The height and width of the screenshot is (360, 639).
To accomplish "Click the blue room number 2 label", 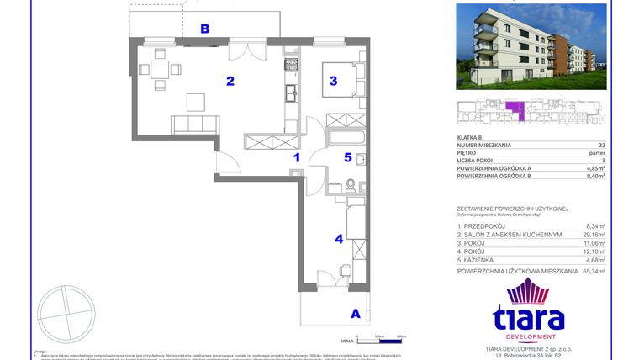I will click(228, 82).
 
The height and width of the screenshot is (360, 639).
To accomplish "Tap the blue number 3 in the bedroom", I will click(334, 82).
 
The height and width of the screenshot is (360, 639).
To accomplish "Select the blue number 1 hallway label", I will click(296, 156).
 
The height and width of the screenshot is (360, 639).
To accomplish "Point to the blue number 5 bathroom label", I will click(347, 156).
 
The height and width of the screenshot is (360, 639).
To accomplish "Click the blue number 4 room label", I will click(339, 239).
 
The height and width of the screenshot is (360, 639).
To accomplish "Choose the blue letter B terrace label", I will click(204, 29).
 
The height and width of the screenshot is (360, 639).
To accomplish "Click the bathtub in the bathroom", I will click(345, 138).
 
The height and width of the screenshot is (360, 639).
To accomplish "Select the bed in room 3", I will click(344, 82).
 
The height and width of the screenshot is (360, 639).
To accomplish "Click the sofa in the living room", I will click(196, 124).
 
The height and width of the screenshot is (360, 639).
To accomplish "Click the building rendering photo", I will click(531, 47).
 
